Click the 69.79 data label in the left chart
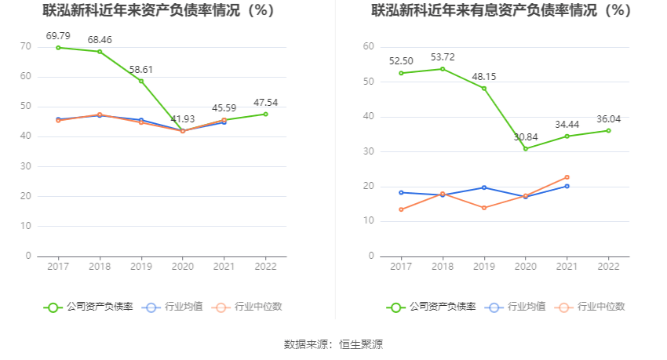coord(58,35)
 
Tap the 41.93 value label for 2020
coord(183,117)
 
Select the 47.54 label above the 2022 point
coord(265,102)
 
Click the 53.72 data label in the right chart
coord(443,56)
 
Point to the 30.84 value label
coord(526,136)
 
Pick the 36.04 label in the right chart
coord(608,118)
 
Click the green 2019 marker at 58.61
coord(141,81)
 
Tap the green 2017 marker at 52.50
coord(401,73)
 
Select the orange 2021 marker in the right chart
coord(567,177)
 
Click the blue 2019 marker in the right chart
coord(484,187)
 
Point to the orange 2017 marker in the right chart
coord(401,209)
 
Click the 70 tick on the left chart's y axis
coord(26,46)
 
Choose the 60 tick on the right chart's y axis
coord(369,46)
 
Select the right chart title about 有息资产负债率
coord(501,11)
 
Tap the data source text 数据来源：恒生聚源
coord(333,344)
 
